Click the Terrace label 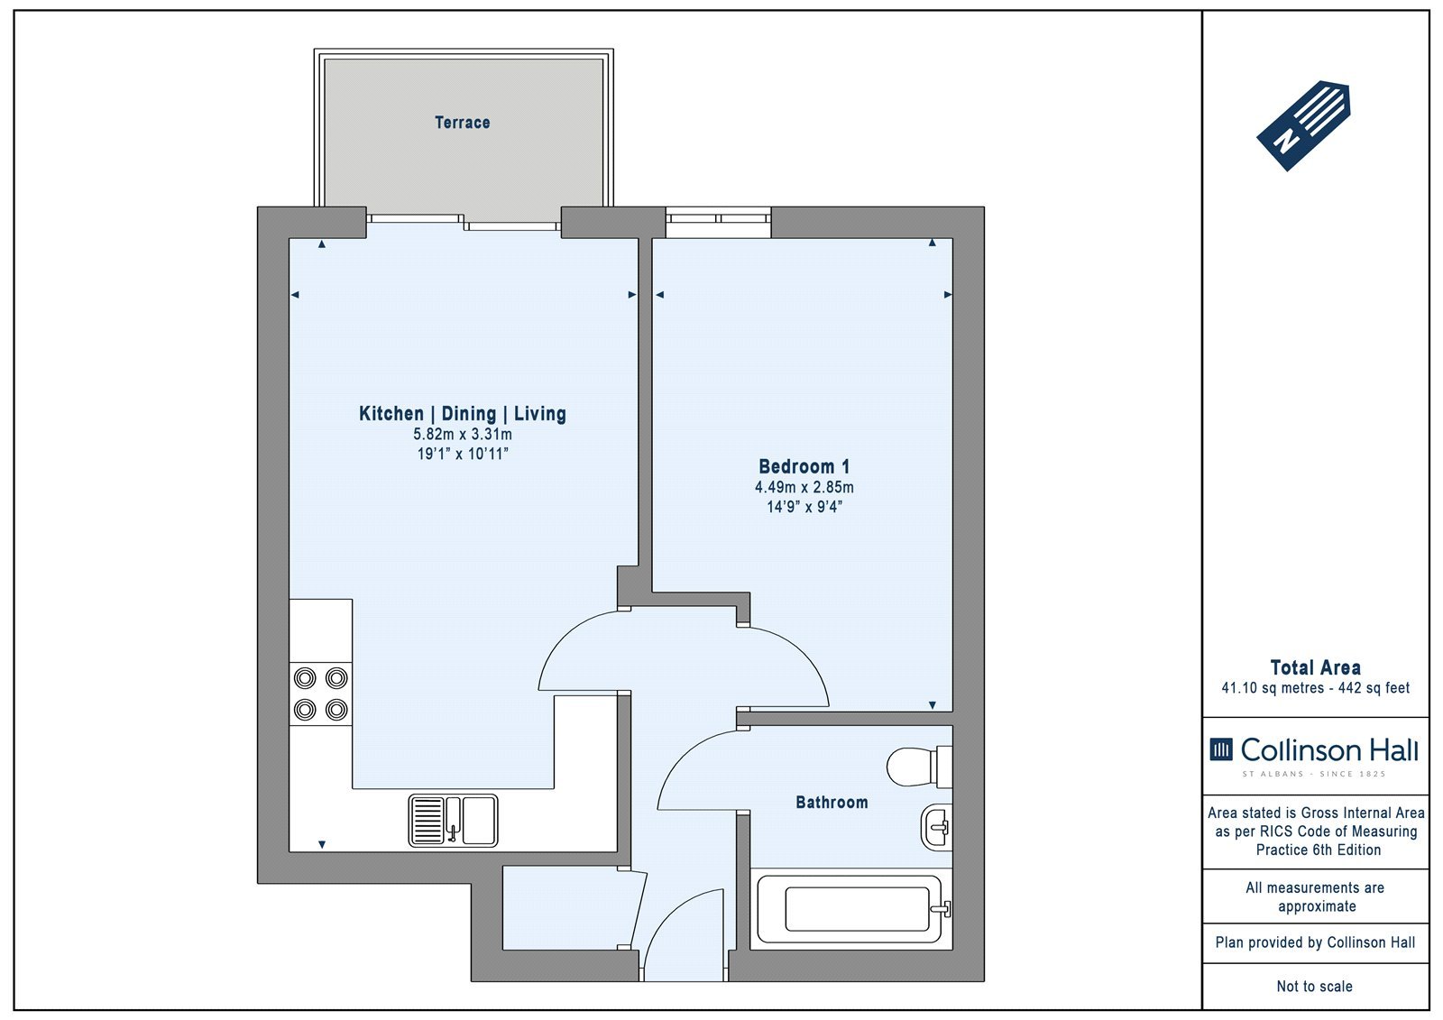pos(462,123)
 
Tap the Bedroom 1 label pos(804,466)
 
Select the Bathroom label pos(832,803)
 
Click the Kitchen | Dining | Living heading pos(463,413)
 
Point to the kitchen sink pos(453,821)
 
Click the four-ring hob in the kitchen pos(321,694)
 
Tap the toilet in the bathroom pos(919,767)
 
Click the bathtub pos(851,909)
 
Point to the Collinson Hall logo pos(1314,756)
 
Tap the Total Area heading pos(1316,666)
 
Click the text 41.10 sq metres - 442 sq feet pos(1316,688)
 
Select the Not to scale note pos(1315,987)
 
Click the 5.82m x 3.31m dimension pos(463,435)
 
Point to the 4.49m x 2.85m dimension pos(804,487)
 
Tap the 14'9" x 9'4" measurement pos(804,507)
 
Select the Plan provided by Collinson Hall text pos(1316,942)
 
